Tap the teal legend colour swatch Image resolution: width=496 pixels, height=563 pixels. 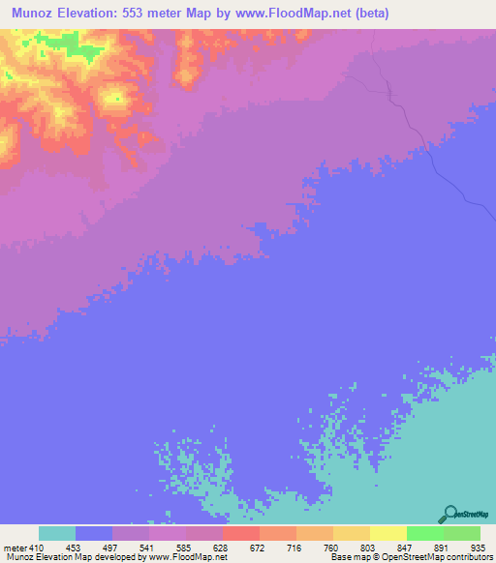(x=57, y=533)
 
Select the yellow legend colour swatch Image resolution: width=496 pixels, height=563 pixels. (x=388, y=533)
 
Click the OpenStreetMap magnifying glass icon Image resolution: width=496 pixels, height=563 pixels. (x=449, y=513)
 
